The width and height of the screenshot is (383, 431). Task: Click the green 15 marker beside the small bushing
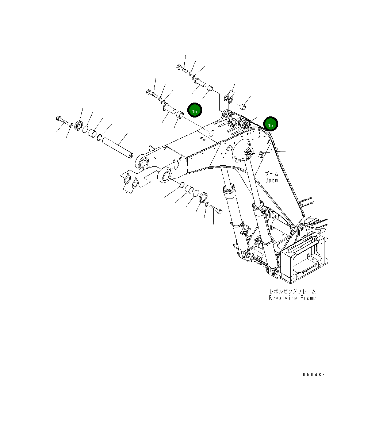(x=195, y=111)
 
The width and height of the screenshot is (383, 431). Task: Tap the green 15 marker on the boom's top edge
(x=271, y=124)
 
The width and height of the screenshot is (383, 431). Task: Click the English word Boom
(x=271, y=180)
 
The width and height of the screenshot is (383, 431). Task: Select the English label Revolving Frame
(x=292, y=298)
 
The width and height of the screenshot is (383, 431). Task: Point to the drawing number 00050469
(x=310, y=375)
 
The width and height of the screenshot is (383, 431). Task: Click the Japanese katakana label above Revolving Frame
(x=292, y=291)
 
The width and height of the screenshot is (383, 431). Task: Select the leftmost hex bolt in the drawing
(x=62, y=120)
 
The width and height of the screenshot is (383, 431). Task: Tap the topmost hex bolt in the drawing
(x=182, y=68)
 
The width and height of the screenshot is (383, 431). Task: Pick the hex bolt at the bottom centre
(x=216, y=209)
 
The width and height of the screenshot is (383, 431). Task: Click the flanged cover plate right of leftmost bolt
(x=78, y=125)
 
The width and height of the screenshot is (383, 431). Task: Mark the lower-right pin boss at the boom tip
(x=165, y=175)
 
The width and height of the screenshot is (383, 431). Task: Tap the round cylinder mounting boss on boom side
(x=241, y=153)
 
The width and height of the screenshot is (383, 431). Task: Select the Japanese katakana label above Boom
(x=271, y=174)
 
